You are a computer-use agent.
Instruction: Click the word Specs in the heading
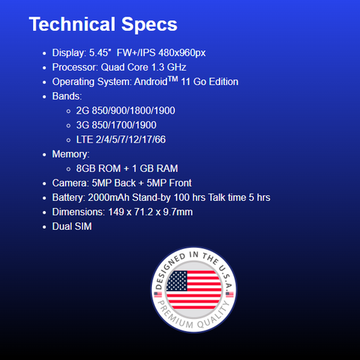coord(149,24)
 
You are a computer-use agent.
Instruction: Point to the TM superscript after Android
coord(173,78)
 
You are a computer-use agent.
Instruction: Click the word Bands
coord(66,96)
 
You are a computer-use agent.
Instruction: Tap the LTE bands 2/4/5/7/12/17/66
coord(130,140)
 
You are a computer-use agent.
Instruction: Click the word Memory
coord(70,154)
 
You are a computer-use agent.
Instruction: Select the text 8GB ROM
coord(99,168)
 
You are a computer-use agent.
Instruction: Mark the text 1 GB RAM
coord(155,168)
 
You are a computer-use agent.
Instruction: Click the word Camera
coord(70,183)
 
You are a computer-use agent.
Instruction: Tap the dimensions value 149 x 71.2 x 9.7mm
coord(150,212)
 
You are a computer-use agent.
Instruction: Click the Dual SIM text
coord(72,226)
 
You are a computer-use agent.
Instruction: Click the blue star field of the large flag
coord(177,281)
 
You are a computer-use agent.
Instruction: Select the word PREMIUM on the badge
coord(175,315)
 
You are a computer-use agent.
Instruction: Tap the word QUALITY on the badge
coord(215,315)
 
